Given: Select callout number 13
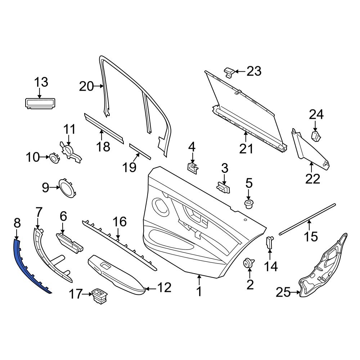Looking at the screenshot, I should [41, 82].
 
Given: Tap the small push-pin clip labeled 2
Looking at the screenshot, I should [248, 263].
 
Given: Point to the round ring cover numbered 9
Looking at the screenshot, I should [66, 188].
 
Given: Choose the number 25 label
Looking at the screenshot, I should [283, 293].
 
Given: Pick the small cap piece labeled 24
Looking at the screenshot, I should [316, 136].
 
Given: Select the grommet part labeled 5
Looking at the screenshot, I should [248, 204].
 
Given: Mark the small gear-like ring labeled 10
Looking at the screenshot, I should [54, 158].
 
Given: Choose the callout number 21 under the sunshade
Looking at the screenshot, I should [247, 148].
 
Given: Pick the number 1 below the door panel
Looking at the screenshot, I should [199, 291].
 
